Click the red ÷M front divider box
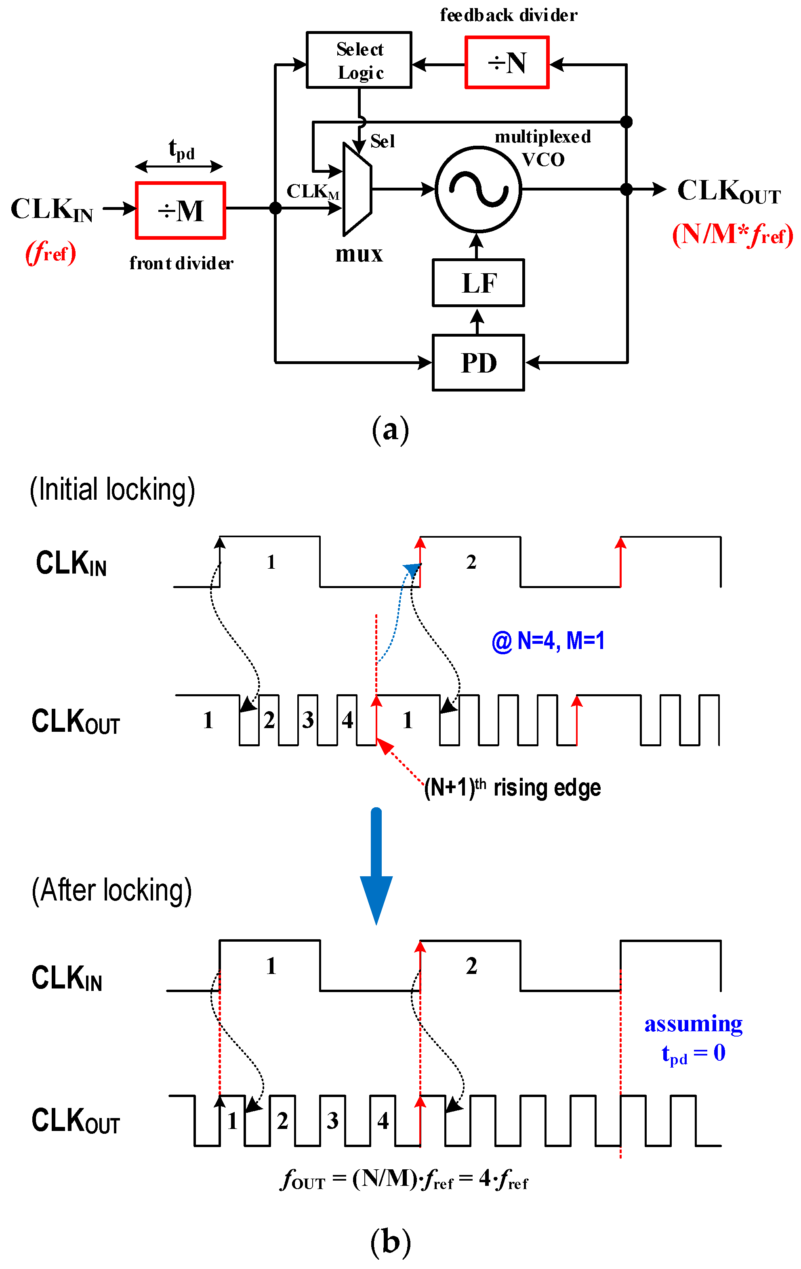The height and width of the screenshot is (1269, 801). pos(180,211)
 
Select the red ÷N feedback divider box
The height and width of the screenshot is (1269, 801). pos(507,62)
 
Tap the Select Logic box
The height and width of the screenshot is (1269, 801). pos(359,60)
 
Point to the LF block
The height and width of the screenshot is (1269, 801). pos(478,283)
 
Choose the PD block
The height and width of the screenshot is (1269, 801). pos(478,362)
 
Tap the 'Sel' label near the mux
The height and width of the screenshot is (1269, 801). pos(382,141)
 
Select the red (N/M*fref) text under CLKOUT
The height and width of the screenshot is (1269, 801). pos(732,235)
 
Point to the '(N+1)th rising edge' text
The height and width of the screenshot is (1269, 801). pos(512,788)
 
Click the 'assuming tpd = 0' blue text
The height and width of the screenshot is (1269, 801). pos(693,1039)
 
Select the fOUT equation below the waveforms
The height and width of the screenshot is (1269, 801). pos(404,1179)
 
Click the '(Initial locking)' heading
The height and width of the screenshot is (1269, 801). pos(112,490)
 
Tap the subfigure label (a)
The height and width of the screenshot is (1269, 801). pos(390,429)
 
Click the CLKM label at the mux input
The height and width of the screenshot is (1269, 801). pos(312,192)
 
